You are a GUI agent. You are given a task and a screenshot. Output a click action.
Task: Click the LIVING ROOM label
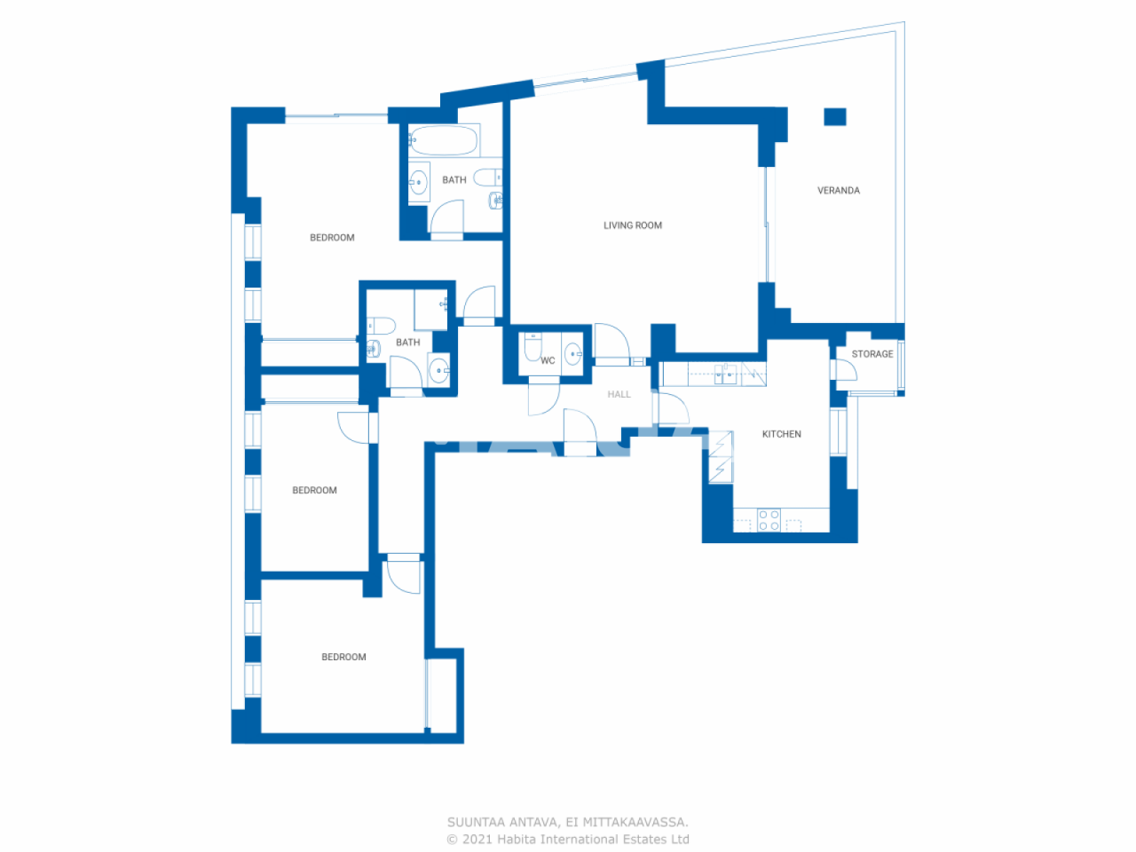coord(632,225)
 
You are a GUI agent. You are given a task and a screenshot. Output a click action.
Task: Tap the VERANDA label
coord(838,190)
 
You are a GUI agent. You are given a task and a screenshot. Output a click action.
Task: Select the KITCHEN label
coord(781,434)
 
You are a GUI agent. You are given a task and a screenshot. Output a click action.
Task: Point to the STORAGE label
coord(872,354)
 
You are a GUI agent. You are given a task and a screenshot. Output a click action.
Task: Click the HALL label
coord(619,394)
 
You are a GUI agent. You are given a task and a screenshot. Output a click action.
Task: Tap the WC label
coord(548,360)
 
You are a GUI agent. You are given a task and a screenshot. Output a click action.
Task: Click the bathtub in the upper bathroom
coord(444,141)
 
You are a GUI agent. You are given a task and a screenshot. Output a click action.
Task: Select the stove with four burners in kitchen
coord(769,520)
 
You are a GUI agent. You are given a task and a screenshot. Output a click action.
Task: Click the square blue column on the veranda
coord(834,116)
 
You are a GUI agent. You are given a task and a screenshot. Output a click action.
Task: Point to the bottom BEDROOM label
coord(343,657)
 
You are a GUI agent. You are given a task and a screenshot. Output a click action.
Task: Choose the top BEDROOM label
coord(332,238)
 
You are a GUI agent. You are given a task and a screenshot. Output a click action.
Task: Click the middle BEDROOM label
coord(314,490)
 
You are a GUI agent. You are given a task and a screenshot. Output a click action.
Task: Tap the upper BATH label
coord(454,180)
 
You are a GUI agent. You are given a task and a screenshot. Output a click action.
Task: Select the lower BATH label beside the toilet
coord(407,343)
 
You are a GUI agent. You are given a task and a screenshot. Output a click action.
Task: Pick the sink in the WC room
coord(572,354)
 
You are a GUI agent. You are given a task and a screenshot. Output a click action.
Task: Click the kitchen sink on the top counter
coord(726,374)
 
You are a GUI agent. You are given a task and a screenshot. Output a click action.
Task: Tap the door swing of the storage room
coord(846,371)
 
